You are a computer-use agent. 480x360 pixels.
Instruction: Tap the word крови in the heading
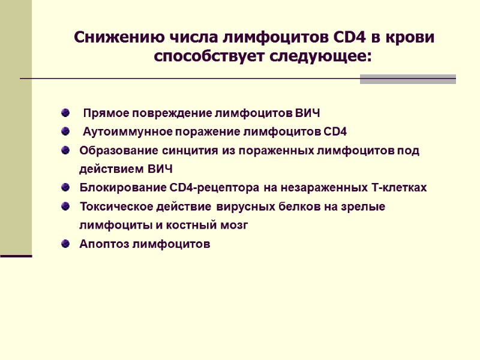[x=407, y=37]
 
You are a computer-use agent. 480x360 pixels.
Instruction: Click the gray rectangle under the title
[x=407, y=79]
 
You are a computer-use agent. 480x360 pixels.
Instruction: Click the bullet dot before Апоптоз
[x=65, y=244]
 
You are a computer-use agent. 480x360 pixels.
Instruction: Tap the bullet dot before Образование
[x=65, y=150]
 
